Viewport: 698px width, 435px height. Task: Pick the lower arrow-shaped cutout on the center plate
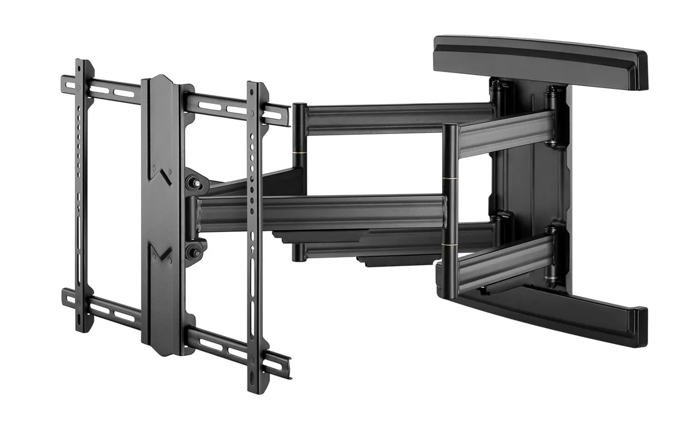[x=164, y=252]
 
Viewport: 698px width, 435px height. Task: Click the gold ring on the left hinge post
[x=299, y=153]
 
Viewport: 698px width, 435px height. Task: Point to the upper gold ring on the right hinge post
[x=449, y=180]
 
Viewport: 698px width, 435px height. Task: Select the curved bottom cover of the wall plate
[x=550, y=312]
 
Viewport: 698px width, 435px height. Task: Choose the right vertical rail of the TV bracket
[x=255, y=229]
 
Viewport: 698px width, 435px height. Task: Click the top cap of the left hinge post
[x=299, y=106]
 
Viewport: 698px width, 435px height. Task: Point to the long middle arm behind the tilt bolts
[x=321, y=212]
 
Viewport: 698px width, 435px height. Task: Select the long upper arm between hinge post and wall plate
[x=395, y=118]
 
